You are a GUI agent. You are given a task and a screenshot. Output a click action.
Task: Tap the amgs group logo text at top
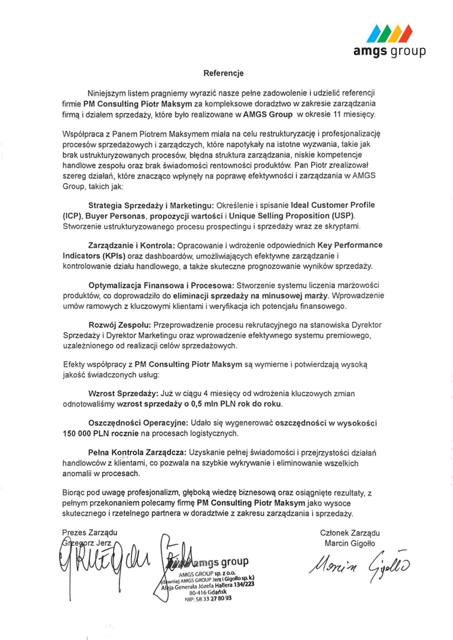[390, 51]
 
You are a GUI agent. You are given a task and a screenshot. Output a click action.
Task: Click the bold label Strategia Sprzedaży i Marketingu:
[151, 205]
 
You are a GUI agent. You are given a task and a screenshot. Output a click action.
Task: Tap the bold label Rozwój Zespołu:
[120, 326]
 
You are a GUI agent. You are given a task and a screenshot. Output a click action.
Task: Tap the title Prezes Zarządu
[89, 533]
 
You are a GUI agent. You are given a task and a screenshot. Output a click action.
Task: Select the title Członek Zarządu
[349, 533]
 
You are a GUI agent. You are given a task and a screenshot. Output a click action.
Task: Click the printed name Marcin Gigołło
[349, 543]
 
